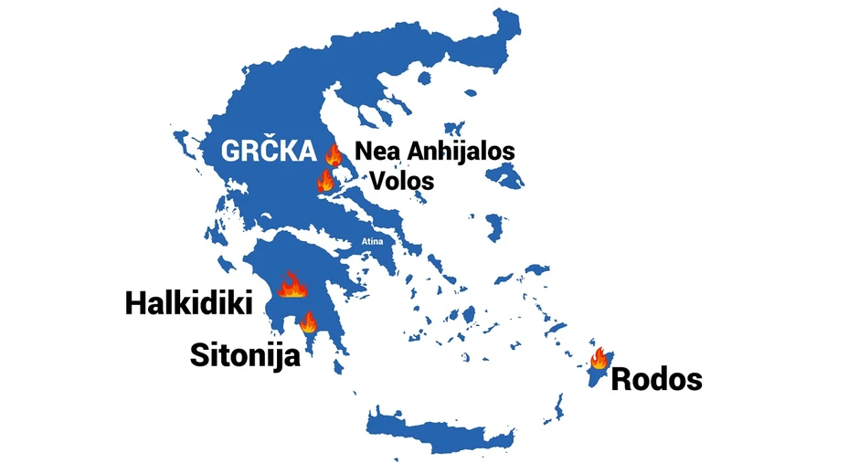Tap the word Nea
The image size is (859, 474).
(x=375, y=151)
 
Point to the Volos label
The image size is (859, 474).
(x=401, y=180)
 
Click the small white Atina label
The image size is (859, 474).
(x=371, y=242)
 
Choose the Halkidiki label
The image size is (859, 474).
(x=188, y=303)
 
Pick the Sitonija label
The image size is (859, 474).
(x=245, y=354)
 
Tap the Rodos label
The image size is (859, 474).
(x=656, y=378)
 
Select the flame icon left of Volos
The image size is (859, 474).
(x=325, y=180)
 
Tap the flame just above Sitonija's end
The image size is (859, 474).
(x=308, y=321)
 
